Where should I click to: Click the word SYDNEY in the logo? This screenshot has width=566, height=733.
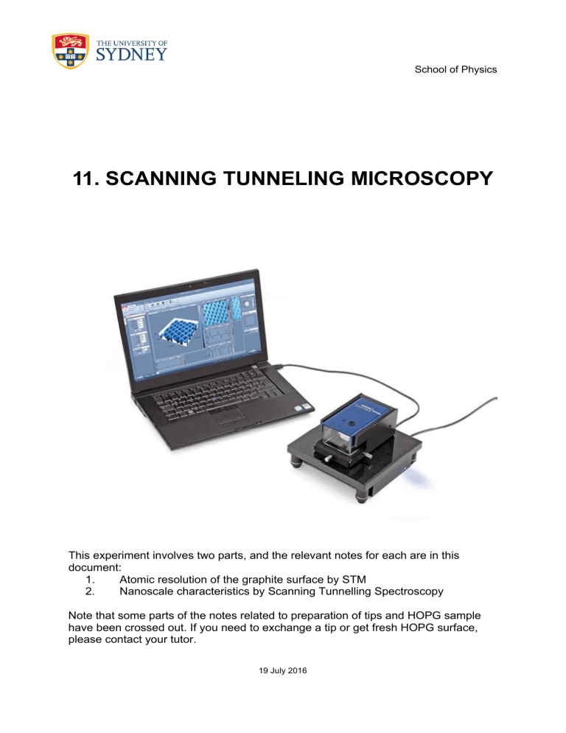[x=130, y=53]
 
